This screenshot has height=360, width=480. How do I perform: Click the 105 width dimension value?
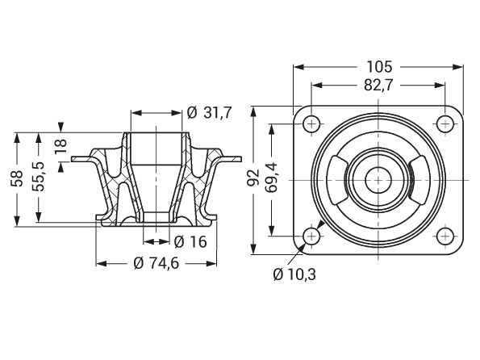379,67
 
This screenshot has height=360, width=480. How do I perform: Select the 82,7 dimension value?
378,86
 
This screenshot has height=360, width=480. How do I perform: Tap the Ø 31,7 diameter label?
210,113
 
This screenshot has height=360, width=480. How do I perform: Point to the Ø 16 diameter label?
190,242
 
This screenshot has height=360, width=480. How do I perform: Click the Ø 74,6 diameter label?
157,263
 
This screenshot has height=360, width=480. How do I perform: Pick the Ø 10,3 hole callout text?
294,274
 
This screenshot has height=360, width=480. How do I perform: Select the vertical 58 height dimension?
17,178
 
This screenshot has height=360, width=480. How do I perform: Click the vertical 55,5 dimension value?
39,177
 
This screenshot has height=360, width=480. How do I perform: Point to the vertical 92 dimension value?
253,178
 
